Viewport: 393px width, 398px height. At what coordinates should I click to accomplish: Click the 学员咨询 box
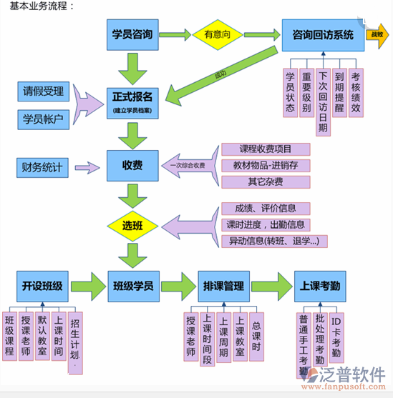[132, 34]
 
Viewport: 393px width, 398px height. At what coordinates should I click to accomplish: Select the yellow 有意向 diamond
[218, 34]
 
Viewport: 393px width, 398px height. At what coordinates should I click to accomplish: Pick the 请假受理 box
[44, 91]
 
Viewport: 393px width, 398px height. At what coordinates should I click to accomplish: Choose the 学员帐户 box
[44, 118]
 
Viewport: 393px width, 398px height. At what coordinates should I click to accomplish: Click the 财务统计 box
[42, 169]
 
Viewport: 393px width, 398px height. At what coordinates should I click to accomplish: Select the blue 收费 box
[132, 166]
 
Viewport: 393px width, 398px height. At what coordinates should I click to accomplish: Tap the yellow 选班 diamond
[132, 226]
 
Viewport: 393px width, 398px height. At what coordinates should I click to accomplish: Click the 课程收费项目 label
[266, 149]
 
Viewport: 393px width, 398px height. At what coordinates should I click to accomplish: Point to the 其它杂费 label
[266, 181]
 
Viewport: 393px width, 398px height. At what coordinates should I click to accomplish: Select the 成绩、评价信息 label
[266, 209]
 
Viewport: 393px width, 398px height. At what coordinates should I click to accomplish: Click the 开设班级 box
[42, 286]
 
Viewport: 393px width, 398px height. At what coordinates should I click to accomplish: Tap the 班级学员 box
[132, 286]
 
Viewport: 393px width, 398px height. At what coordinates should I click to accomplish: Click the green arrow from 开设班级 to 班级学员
[87, 286]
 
